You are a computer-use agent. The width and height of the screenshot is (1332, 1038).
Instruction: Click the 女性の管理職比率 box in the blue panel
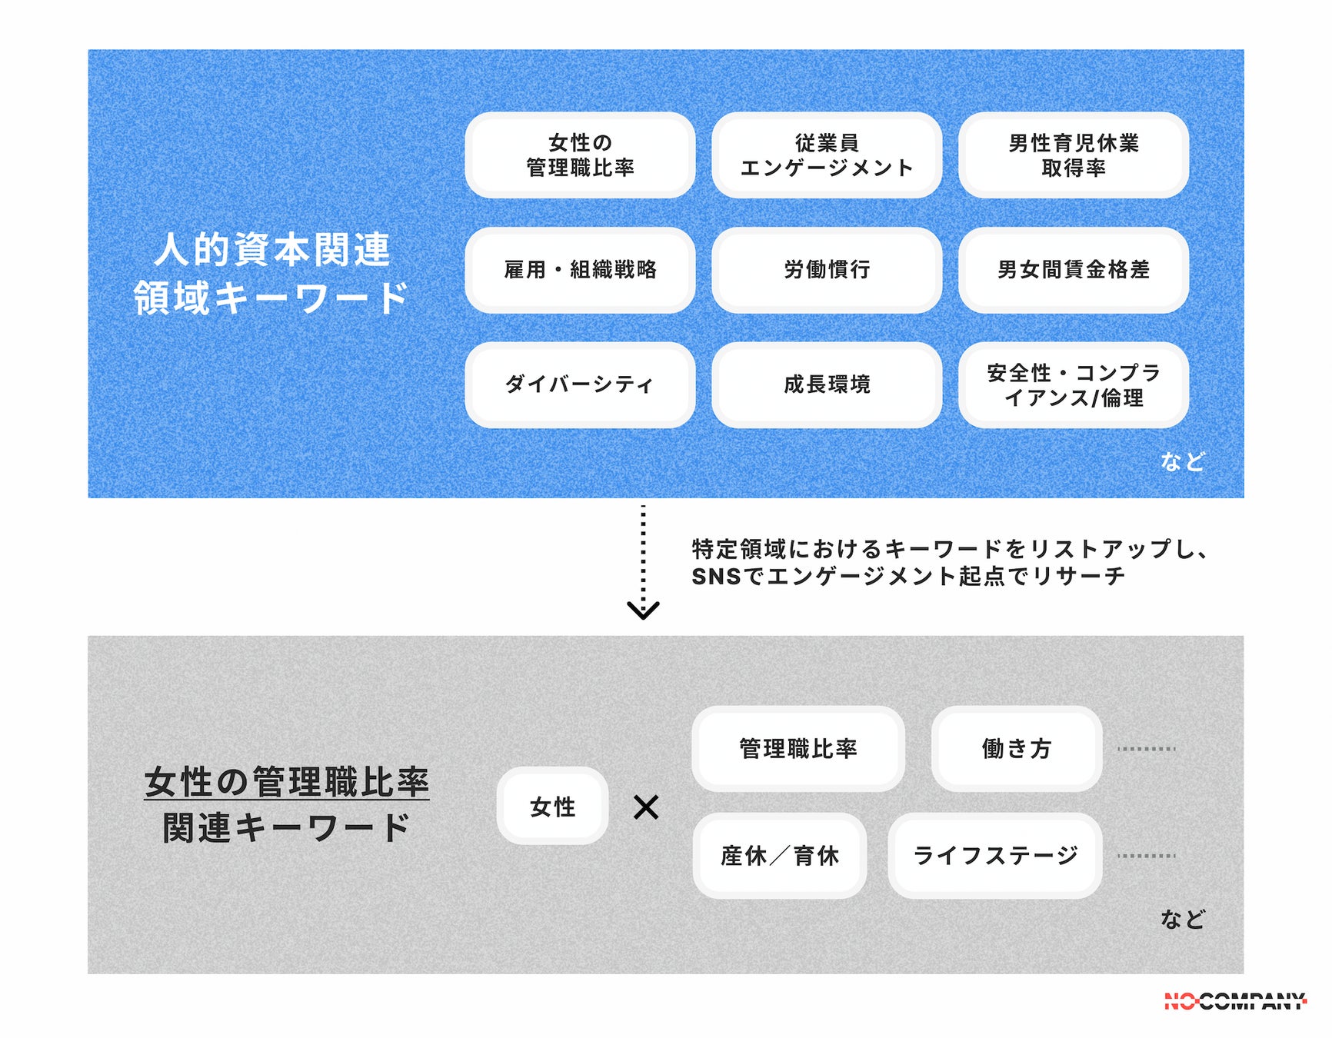pos(580,155)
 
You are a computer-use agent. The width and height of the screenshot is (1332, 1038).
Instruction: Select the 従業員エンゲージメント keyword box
pos(827,155)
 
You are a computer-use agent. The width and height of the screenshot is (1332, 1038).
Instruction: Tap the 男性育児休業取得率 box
pos(1074,155)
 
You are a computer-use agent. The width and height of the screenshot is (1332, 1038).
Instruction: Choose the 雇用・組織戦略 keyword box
pos(580,270)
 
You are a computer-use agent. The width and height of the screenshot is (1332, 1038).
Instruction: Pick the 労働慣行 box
pos(827,270)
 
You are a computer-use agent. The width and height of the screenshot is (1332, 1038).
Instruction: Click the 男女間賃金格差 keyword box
pos(1074,270)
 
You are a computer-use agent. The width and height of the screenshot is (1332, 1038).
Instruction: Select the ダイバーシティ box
pos(580,384)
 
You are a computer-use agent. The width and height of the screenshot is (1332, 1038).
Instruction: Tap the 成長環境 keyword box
pos(827,384)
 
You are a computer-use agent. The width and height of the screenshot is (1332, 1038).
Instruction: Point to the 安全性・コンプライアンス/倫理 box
pos(1074,384)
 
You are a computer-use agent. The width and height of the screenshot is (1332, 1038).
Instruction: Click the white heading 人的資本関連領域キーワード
pos(271,273)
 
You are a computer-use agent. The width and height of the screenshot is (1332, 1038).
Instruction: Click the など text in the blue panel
pos(1182,461)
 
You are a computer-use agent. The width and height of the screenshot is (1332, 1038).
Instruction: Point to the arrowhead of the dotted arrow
pos(643,610)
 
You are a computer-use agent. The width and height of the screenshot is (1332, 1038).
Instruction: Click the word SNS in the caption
pos(716,576)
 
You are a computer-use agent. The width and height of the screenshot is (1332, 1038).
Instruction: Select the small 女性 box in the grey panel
pos(552,807)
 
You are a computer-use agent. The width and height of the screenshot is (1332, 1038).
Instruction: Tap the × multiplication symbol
pos(646,807)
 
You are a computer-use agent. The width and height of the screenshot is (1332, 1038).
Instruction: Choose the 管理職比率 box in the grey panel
pos(798,749)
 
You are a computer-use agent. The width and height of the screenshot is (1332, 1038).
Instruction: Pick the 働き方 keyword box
pos(1016,749)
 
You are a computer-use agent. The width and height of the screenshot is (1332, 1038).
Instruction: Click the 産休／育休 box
pos(779,856)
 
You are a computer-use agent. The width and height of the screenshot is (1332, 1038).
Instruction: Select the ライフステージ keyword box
pos(995,856)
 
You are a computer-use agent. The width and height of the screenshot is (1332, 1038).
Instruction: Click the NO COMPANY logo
pos(1234,1001)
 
